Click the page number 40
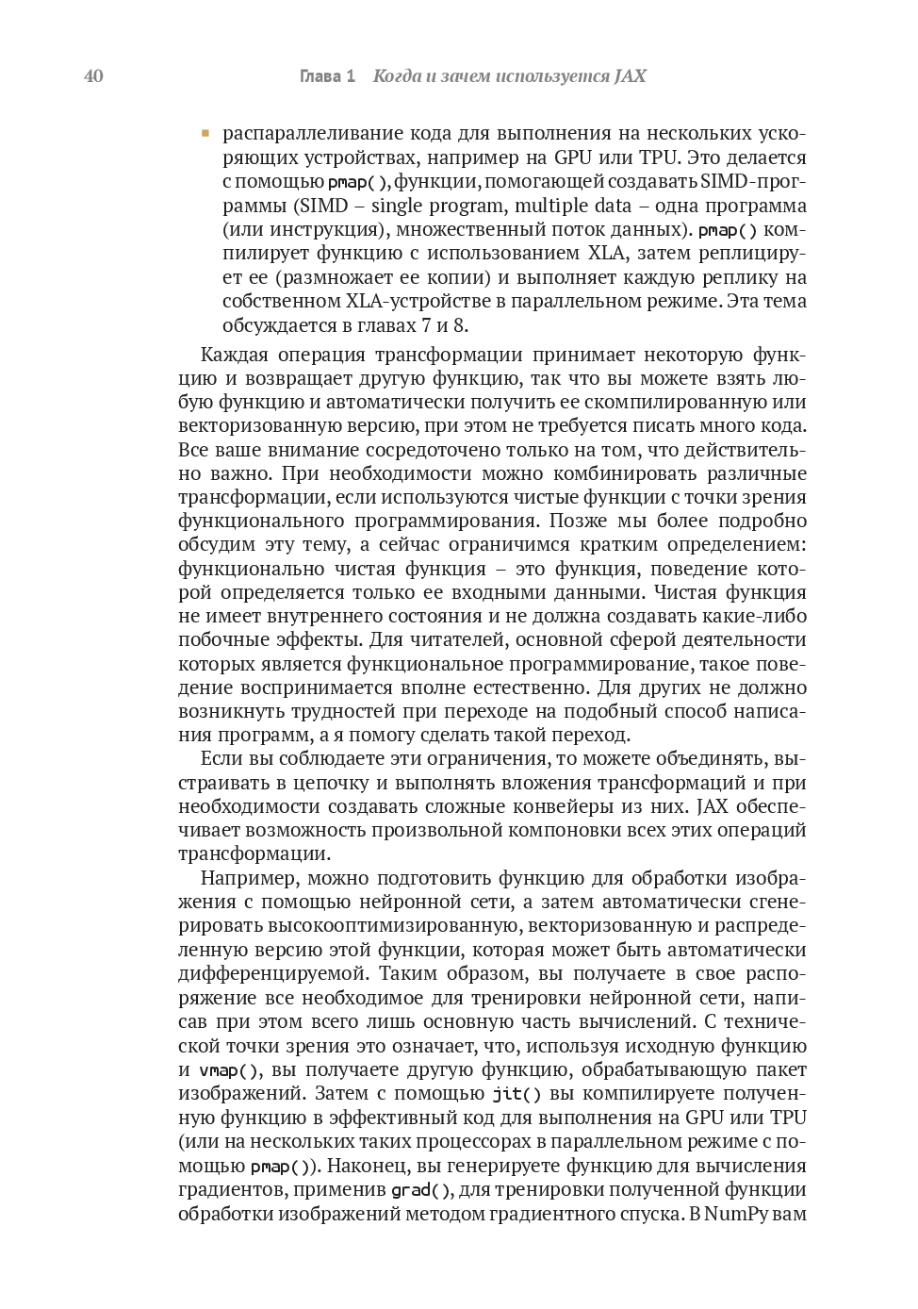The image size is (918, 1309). click(x=93, y=76)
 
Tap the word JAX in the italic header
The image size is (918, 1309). click(x=630, y=76)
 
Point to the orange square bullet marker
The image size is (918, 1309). click(x=205, y=134)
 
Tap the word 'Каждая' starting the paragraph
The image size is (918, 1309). click(x=235, y=355)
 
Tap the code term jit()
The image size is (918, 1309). click(x=516, y=1094)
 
